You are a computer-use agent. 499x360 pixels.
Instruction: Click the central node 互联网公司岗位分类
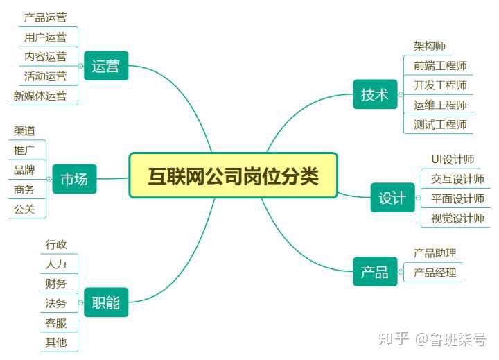tap(233, 175)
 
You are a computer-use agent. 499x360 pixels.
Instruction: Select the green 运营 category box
tap(106, 66)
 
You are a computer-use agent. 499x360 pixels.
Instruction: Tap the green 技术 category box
tap(375, 94)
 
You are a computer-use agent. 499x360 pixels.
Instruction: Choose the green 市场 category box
tap(74, 179)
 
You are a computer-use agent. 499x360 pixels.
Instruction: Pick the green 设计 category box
tap(393, 198)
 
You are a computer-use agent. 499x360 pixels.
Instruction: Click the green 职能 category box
tap(106, 302)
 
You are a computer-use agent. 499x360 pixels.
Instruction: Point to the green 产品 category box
tap(375, 271)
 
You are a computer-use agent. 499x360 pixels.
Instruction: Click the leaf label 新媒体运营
tap(40, 96)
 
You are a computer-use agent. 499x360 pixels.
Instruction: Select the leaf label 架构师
tap(430, 46)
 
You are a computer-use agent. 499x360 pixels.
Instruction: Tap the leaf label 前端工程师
tap(440, 66)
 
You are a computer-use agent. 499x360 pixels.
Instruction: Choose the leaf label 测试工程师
tap(440, 124)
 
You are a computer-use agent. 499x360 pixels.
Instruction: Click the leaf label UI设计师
tap(453, 160)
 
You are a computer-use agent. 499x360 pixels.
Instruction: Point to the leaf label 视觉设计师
tap(457, 218)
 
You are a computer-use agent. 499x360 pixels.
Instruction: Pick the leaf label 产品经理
tap(435, 273)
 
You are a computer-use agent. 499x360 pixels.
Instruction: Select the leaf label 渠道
tap(24, 130)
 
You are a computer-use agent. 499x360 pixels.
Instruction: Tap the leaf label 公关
tap(24, 209)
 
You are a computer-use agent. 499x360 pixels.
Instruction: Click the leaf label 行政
tap(56, 244)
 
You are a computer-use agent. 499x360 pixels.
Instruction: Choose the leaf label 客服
tap(56, 323)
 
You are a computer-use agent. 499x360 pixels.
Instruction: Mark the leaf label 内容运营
tap(46, 56)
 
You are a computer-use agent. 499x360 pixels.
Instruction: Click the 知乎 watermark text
tap(394, 338)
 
